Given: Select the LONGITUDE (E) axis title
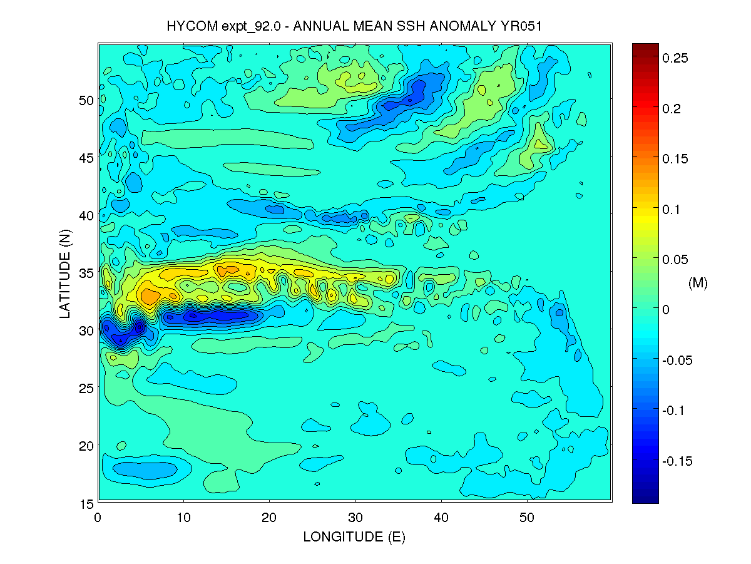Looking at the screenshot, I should coord(354,537).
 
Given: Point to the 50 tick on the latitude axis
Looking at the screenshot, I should coord(86,100).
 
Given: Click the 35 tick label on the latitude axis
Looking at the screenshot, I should coord(86,273).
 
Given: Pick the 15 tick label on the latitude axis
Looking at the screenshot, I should coord(86,503).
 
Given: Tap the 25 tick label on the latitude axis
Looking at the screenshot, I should coord(86,388).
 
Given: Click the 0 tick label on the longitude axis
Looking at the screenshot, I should coord(98,518).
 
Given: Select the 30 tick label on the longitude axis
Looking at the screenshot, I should coord(355,518).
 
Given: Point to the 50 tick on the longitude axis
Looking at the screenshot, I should coord(527,518).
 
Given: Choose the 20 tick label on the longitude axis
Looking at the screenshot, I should coord(270,518).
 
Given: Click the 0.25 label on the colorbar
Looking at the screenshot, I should coord(675,58).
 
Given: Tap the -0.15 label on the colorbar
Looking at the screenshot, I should coord(677,461).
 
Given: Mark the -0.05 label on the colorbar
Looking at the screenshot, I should coord(677,361).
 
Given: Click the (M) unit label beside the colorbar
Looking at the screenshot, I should coord(698,284).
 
